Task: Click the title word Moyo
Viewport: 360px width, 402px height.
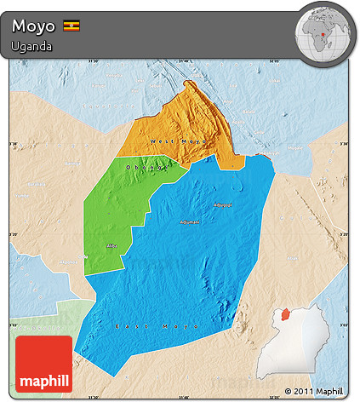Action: click(33, 26)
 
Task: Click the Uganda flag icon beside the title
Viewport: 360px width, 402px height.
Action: click(71, 26)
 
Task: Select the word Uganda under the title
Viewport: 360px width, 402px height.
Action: click(31, 46)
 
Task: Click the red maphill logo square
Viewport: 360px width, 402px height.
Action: click(43, 364)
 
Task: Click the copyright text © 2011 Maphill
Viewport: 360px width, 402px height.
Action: click(316, 392)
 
